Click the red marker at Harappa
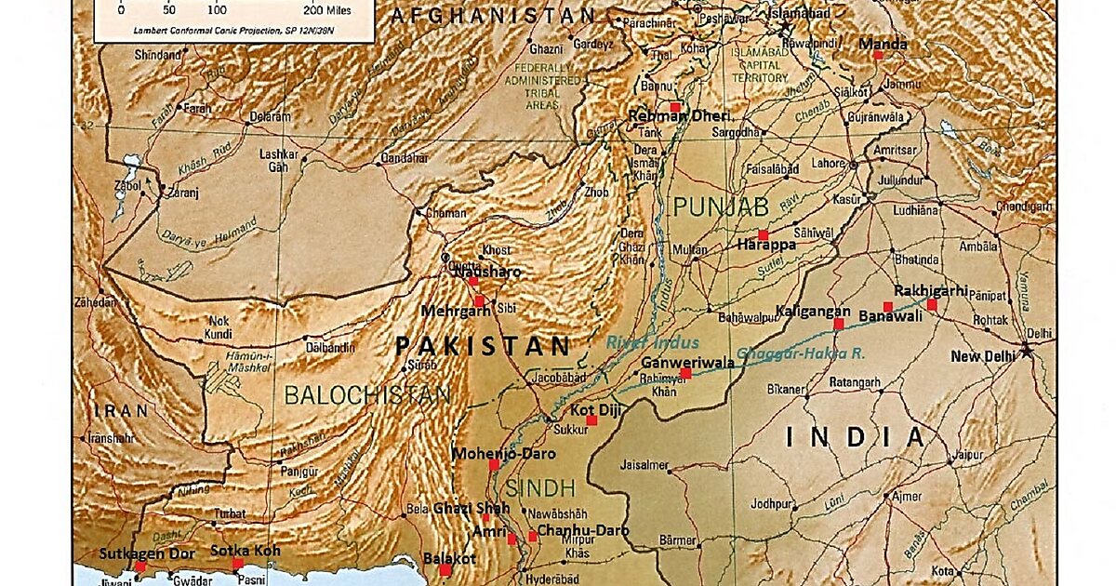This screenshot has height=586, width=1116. [x=763, y=234]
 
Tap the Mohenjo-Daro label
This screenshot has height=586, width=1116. [x=503, y=454]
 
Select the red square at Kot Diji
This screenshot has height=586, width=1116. [x=592, y=420]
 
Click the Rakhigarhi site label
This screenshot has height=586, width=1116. [x=931, y=289]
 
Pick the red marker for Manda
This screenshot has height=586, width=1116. [x=877, y=56]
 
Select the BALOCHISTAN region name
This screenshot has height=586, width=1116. [x=366, y=395]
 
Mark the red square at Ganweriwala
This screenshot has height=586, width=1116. [x=685, y=373]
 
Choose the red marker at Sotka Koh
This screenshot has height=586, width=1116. [x=238, y=564]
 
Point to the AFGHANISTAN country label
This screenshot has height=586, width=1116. [x=492, y=15]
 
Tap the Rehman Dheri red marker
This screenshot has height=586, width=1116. [x=675, y=107]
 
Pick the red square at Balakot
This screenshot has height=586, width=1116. [x=445, y=570]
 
